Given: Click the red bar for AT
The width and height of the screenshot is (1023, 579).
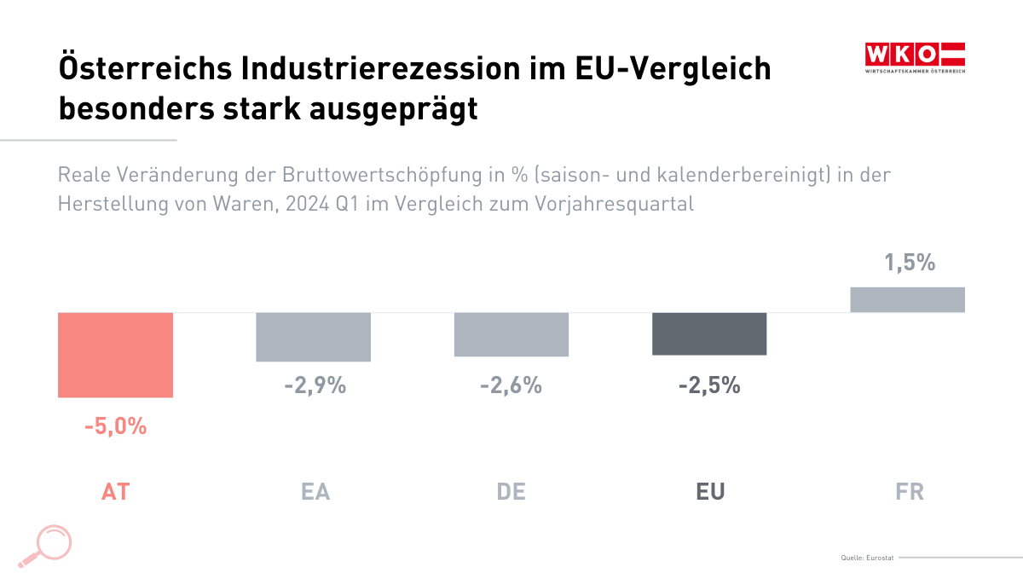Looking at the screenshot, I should click(x=115, y=355).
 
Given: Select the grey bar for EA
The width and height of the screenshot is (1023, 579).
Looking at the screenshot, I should click(x=314, y=337).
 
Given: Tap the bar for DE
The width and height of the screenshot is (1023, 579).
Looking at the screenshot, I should click(x=511, y=334).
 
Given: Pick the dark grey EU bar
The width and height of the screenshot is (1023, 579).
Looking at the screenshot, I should click(x=709, y=333).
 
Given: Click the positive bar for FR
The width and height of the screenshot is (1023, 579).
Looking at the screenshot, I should click(x=908, y=299).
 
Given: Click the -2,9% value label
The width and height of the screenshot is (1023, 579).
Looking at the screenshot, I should click(x=315, y=385).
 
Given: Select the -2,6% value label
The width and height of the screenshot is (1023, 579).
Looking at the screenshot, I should click(x=511, y=385).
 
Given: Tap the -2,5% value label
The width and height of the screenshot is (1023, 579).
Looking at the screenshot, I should click(x=709, y=385).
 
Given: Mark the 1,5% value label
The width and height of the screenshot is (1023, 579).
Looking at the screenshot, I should click(x=910, y=263).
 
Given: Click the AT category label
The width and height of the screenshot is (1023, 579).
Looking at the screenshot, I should click(x=115, y=492).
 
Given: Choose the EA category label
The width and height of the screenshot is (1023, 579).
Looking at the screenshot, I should click(x=315, y=492).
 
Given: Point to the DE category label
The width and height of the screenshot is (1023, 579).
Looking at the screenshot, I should click(x=511, y=492).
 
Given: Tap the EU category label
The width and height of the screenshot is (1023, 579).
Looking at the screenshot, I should click(x=710, y=492).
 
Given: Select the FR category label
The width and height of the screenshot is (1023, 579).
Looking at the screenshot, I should click(x=910, y=492).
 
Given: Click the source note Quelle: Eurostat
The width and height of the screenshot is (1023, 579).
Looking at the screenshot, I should click(x=866, y=558).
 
